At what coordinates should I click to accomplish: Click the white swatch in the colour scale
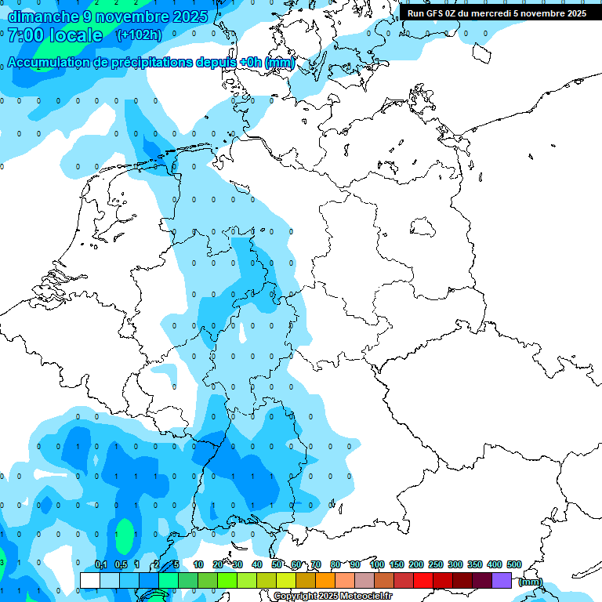[90, 580]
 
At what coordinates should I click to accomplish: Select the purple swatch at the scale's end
[502, 580]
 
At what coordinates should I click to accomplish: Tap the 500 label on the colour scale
[514, 565]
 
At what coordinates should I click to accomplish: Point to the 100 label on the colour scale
[377, 565]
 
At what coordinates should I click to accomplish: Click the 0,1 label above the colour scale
[101, 565]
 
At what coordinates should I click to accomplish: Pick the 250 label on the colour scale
[436, 565]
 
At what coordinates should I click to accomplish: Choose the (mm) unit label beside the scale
[531, 582]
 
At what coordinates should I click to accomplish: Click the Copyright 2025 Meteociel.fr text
[332, 597]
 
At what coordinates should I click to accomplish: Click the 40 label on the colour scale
[257, 565]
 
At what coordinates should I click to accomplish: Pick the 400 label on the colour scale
[495, 565]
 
